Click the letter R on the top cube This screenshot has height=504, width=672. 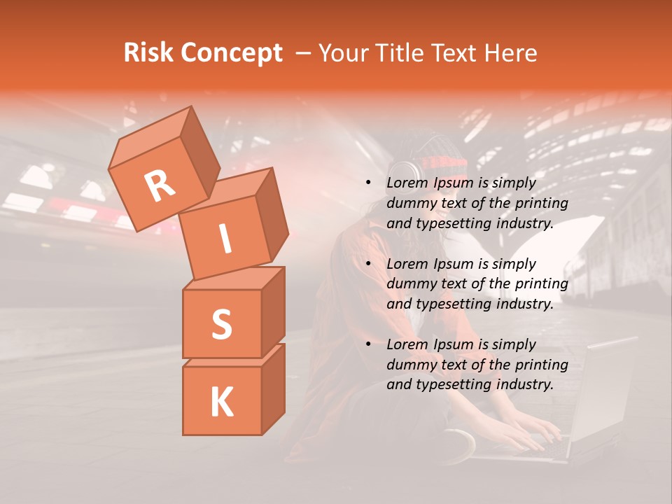[x=160, y=186]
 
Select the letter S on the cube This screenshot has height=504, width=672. [x=221, y=324]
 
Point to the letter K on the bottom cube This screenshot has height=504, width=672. [x=221, y=402]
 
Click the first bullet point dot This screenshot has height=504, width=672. [x=368, y=183]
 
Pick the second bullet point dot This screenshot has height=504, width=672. [x=368, y=264]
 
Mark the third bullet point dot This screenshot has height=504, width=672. [x=368, y=344]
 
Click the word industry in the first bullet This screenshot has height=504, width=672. [x=525, y=223]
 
